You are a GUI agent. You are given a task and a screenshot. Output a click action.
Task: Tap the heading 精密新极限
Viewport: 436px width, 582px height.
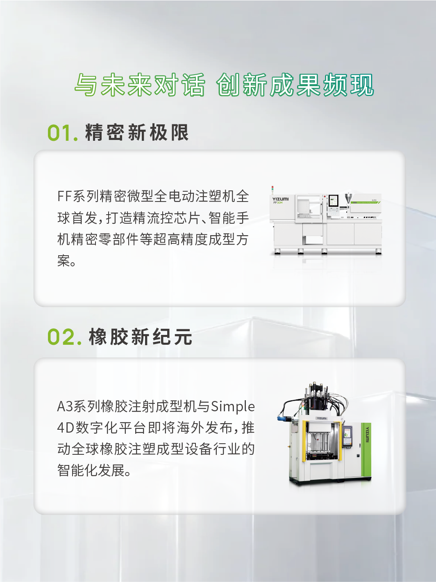click(137, 132)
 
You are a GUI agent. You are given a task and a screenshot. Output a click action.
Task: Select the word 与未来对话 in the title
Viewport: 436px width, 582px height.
click(140, 85)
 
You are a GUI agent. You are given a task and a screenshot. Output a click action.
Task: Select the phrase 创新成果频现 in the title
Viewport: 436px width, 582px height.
click(295, 85)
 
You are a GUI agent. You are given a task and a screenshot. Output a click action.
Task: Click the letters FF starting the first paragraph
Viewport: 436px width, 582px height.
click(64, 197)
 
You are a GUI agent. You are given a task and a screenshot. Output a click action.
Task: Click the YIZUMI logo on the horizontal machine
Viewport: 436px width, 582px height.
click(281, 199)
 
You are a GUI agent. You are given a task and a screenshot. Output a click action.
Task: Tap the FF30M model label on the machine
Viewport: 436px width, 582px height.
click(278, 203)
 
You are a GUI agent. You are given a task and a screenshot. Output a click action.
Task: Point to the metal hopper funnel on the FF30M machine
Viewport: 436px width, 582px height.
click(348, 199)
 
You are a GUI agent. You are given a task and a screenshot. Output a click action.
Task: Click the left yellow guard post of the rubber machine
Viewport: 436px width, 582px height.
click(304, 440)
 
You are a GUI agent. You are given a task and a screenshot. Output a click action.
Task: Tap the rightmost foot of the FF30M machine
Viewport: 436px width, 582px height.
click(378, 252)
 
